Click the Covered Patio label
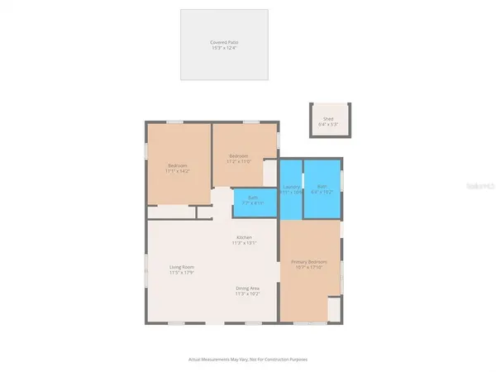tap(225, 42)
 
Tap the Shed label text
tap(329, 118)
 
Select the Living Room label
tap(182, 267)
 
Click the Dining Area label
tap(247, 288)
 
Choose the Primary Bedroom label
tap(309, 263)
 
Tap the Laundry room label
tap(290, 187)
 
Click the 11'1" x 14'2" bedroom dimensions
tap(179, 171)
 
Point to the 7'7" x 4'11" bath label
tap(252, 203)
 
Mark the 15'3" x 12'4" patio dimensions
tap(225, 48)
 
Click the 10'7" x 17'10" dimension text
tap(309, 269)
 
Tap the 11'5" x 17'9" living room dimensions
tap(182, 273)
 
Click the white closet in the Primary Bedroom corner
tap(333, 309)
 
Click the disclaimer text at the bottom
tap(247, 360)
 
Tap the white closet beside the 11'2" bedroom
tap(270, 173)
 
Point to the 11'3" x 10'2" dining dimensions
tap(247, 293)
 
